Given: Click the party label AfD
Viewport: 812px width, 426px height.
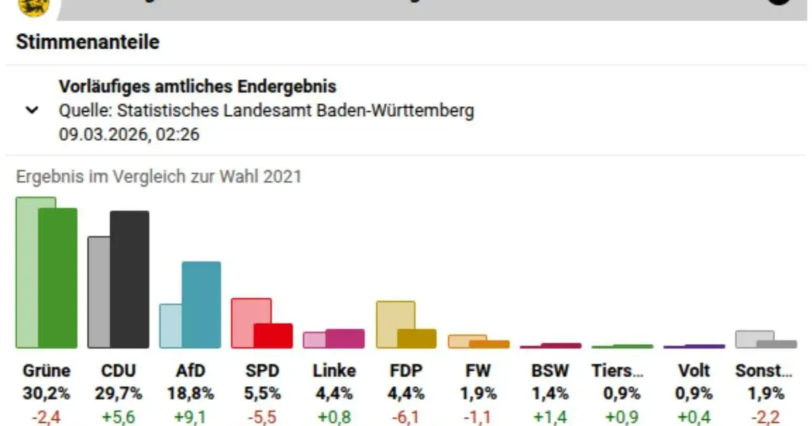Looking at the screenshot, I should [x=190, y=371].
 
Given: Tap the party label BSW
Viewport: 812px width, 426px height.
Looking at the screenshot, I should [x=550, y=371].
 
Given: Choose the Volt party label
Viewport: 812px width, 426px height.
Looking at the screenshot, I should [x=694, y=371].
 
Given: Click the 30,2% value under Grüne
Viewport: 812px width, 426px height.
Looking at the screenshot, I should [x=46, y=393].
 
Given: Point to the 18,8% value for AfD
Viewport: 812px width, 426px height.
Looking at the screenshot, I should [x=190, y=393].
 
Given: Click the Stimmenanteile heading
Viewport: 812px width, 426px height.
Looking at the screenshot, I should [x=87, y=42].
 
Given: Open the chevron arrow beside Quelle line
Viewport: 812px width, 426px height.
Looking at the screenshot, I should [x=31, y=110].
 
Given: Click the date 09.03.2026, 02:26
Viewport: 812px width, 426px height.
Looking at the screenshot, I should [x=129, y=134].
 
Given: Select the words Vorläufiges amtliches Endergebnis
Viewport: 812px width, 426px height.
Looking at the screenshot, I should [x=198, y=87].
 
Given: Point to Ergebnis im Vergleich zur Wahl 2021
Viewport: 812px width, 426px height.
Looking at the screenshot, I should [x=158, y=177].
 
